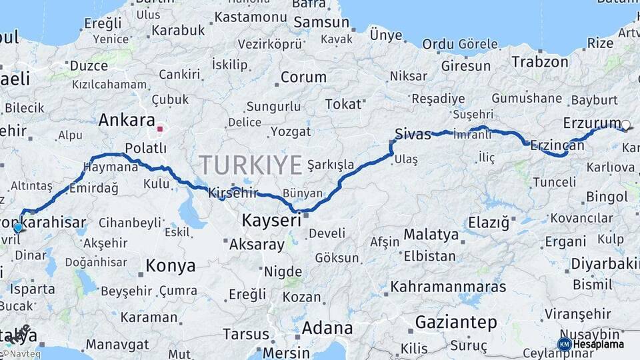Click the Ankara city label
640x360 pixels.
coord(127,121)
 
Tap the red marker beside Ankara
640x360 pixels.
coord(160,129)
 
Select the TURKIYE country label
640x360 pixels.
coord(250,165)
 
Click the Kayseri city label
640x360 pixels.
coord(271,220)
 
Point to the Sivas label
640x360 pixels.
coord(413,133)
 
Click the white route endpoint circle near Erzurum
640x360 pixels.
coord(625,125)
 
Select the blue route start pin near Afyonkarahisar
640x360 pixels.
coord(18,227)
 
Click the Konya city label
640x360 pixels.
coord(171,265)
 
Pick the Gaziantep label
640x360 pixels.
coord(456,323)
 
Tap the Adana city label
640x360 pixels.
coord(327,328)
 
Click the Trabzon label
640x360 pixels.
coord(540,62)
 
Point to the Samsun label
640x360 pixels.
coord(321,22)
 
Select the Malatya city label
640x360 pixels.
coord(431,235)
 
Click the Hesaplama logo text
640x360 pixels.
coord(600,344)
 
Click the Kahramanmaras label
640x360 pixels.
coord(448,287)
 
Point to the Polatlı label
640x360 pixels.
coord(145,148)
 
